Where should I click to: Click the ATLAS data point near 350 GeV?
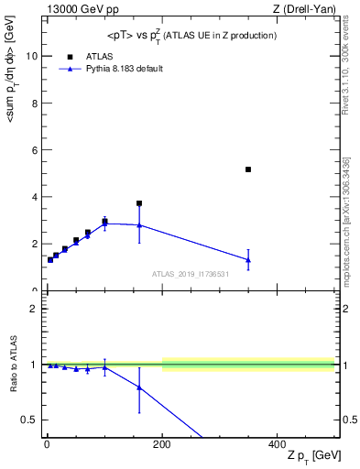pos(248,169)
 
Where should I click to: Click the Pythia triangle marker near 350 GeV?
pos(248,260)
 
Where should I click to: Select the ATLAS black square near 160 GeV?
pos(139,203)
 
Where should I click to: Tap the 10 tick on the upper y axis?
pos(32,55)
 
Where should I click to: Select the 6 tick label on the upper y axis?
pos(35,149)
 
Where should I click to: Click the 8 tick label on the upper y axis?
pos(35,103)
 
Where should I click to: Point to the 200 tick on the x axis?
pos(161,443)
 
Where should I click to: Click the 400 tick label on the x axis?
pos(277,443)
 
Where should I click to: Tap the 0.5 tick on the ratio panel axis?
pos(30,420)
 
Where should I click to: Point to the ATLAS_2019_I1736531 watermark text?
pos(191,274)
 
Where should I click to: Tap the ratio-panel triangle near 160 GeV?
pos(139,387)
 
